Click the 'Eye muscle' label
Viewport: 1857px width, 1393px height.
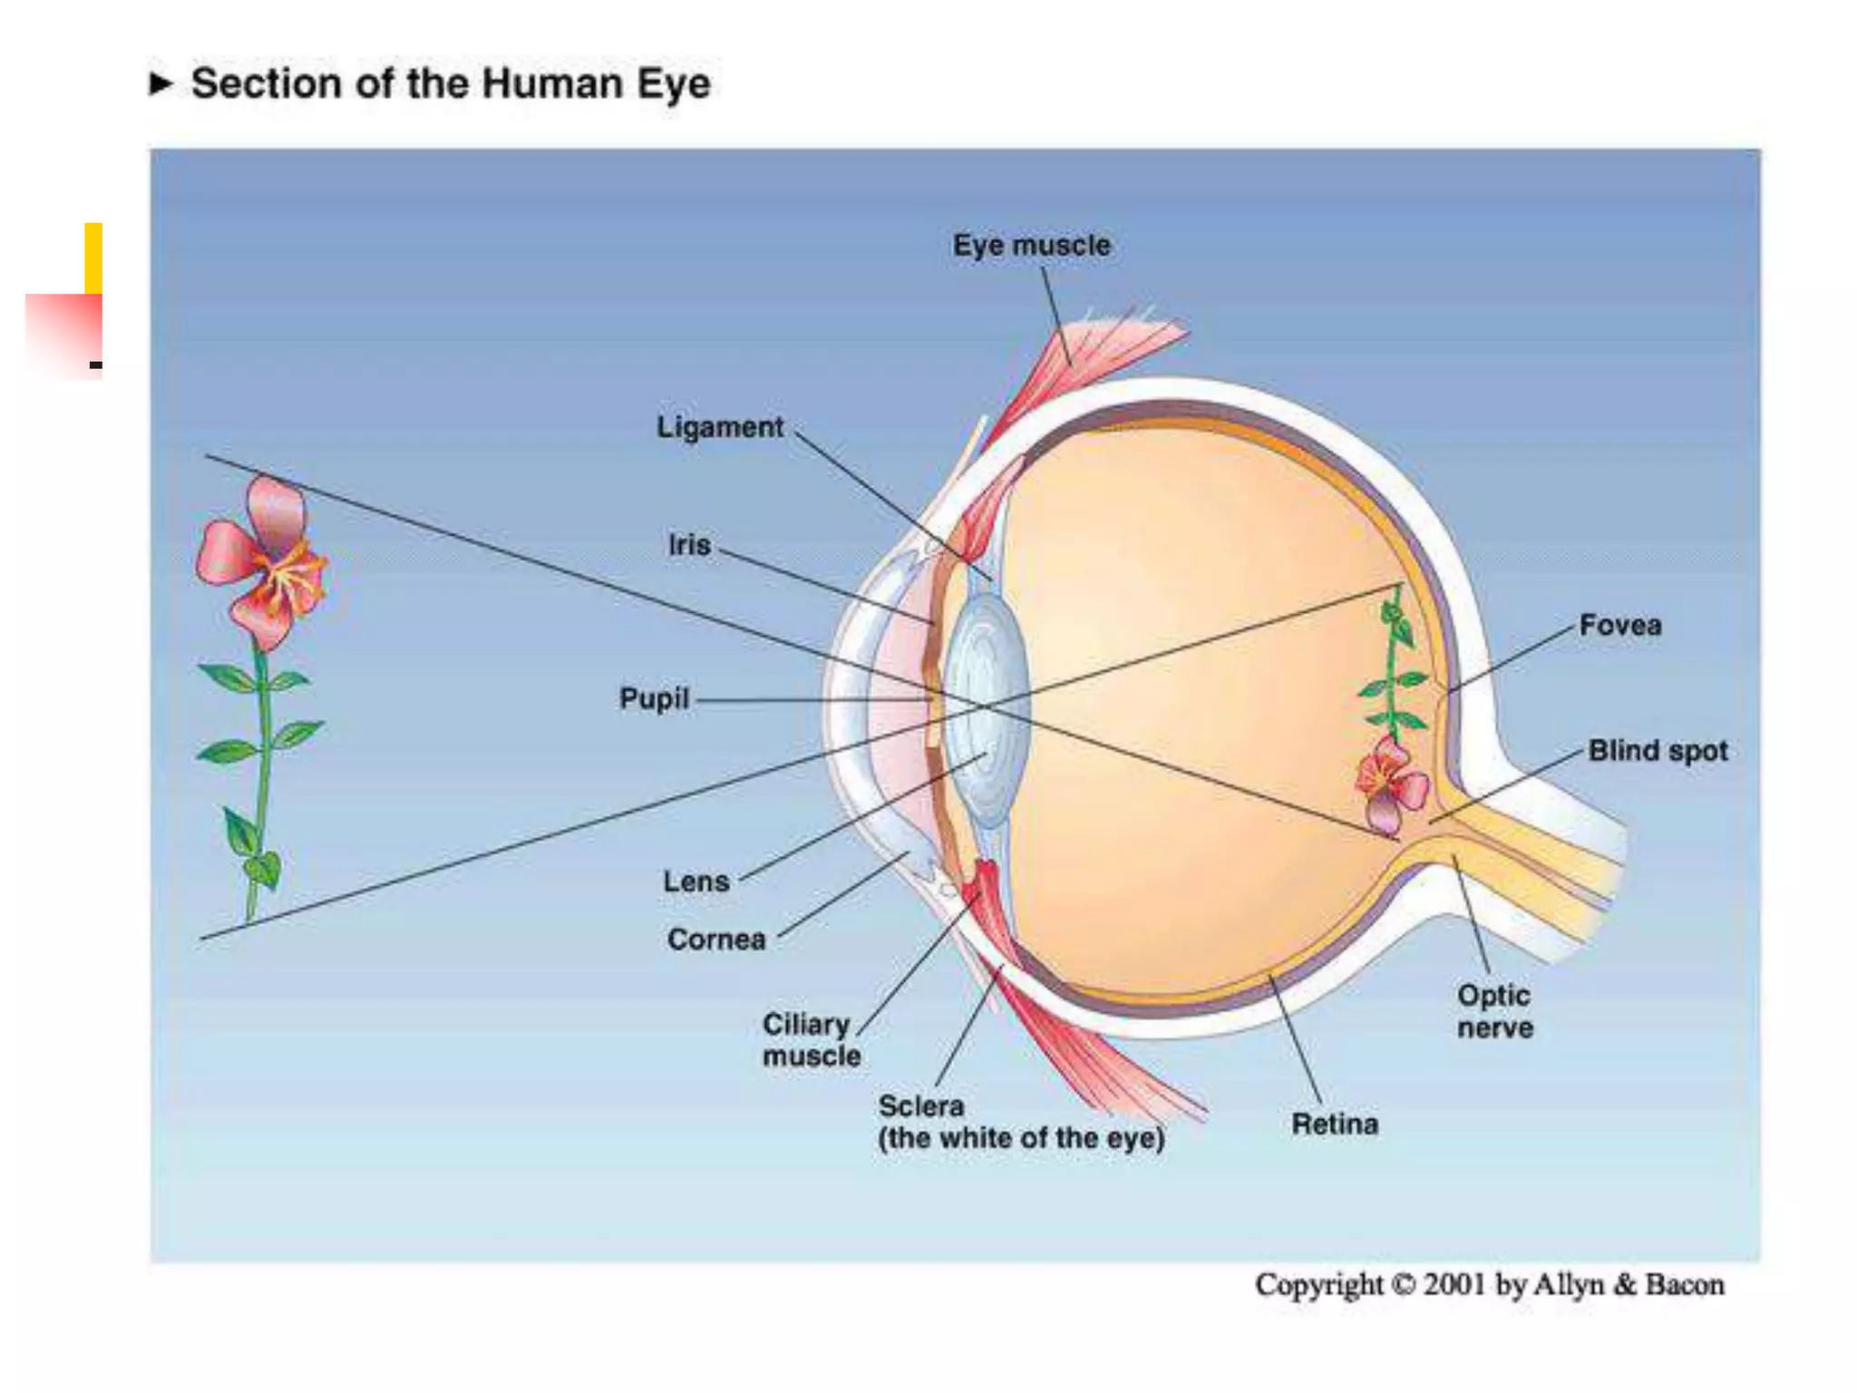[x=1031, y=245]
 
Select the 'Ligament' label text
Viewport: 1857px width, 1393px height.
[x=720, y=427]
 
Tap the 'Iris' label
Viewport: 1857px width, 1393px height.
[x=689, y=545]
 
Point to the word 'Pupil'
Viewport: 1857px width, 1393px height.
[x=654, y=698]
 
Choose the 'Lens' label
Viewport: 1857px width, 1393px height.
[x=695, y=882]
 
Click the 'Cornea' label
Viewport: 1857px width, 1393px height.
[x=716, y=940]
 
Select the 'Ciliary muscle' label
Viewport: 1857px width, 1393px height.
[x=811, y=1040]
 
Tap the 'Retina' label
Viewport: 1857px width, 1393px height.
[x=1335, y=1125]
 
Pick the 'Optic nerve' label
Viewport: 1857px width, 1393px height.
[x=1495, y=1011]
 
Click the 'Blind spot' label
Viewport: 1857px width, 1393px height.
[x=1658, y=751]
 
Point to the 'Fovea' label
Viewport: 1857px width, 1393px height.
[x=1620, y=625]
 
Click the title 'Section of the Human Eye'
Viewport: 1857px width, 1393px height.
[x=451, y=83]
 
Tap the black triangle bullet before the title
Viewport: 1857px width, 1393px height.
[x=160, y=83]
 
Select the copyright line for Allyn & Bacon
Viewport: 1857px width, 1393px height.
[x=1489, y=1285]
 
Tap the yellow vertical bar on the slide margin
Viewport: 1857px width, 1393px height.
[x=93, y=258]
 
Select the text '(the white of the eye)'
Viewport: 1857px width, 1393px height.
[x=1021, y=1138]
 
